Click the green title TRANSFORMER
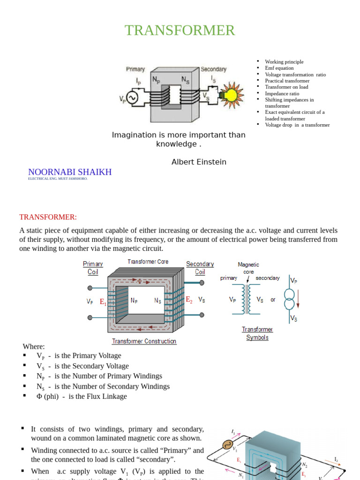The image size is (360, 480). click(180, 30)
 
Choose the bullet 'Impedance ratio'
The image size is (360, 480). click(282, 93)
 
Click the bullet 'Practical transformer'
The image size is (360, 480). click(287, 81)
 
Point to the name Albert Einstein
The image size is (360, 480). click(199, 162)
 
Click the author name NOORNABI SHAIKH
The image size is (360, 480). click(70, 172)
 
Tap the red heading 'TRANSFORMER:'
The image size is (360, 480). click(48, 217)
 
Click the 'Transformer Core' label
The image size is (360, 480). click(148, 262)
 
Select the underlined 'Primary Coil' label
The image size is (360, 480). click(93, 268)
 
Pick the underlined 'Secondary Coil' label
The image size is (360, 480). click(200, 268)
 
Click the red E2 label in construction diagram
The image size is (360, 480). click(189, 300)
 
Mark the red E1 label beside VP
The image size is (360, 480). click(103, 302)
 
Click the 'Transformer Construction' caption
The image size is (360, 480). click(144, 341)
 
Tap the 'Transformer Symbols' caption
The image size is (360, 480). click(257, 333)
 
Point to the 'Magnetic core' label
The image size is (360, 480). click(248, 268)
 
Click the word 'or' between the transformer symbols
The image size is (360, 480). click(273, 300)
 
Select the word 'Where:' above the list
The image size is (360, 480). click(34, 346)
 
